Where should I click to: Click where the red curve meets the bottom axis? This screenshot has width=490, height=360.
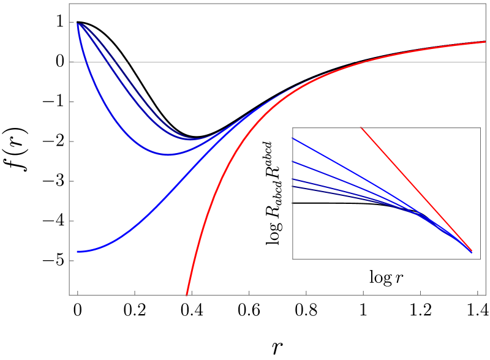pyautogui.click(x=187, y=294)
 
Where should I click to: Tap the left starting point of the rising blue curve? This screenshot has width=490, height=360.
pyautogui.click(x=78, y=252)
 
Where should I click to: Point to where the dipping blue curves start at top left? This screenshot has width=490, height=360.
pyautogui.click(x=78, y=23)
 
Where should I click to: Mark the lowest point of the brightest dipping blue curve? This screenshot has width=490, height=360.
pyautogui.click(x=168, y=155)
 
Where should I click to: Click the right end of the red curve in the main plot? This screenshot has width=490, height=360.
pyautogui.click(x=484, y=42)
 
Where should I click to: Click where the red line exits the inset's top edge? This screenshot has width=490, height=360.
pyautogui.click(x=361, y=128)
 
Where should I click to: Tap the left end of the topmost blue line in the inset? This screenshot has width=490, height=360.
pyautogui.click(x=293, y=139)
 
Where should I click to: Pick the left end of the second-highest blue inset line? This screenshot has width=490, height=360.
pyautogui.click(x=293, y=162)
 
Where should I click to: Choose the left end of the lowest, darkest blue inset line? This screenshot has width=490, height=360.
pyautogui.click(x=293, y=187)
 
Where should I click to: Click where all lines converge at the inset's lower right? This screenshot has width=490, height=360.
pyautogui.click(x=472, y=251)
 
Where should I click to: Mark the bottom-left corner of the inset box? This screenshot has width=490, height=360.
pyautogui.click(x=293, y=259)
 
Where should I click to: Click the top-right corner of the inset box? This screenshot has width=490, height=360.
pyautogui.click(x=480, y=128)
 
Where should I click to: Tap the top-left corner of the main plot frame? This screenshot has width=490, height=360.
pyautogui.click(x=69, y=4)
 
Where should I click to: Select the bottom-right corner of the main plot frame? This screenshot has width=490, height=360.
pyautogui.click(x=486, y=295)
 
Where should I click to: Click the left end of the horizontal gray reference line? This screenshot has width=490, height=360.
pyautogui.click(x=70, y=62)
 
